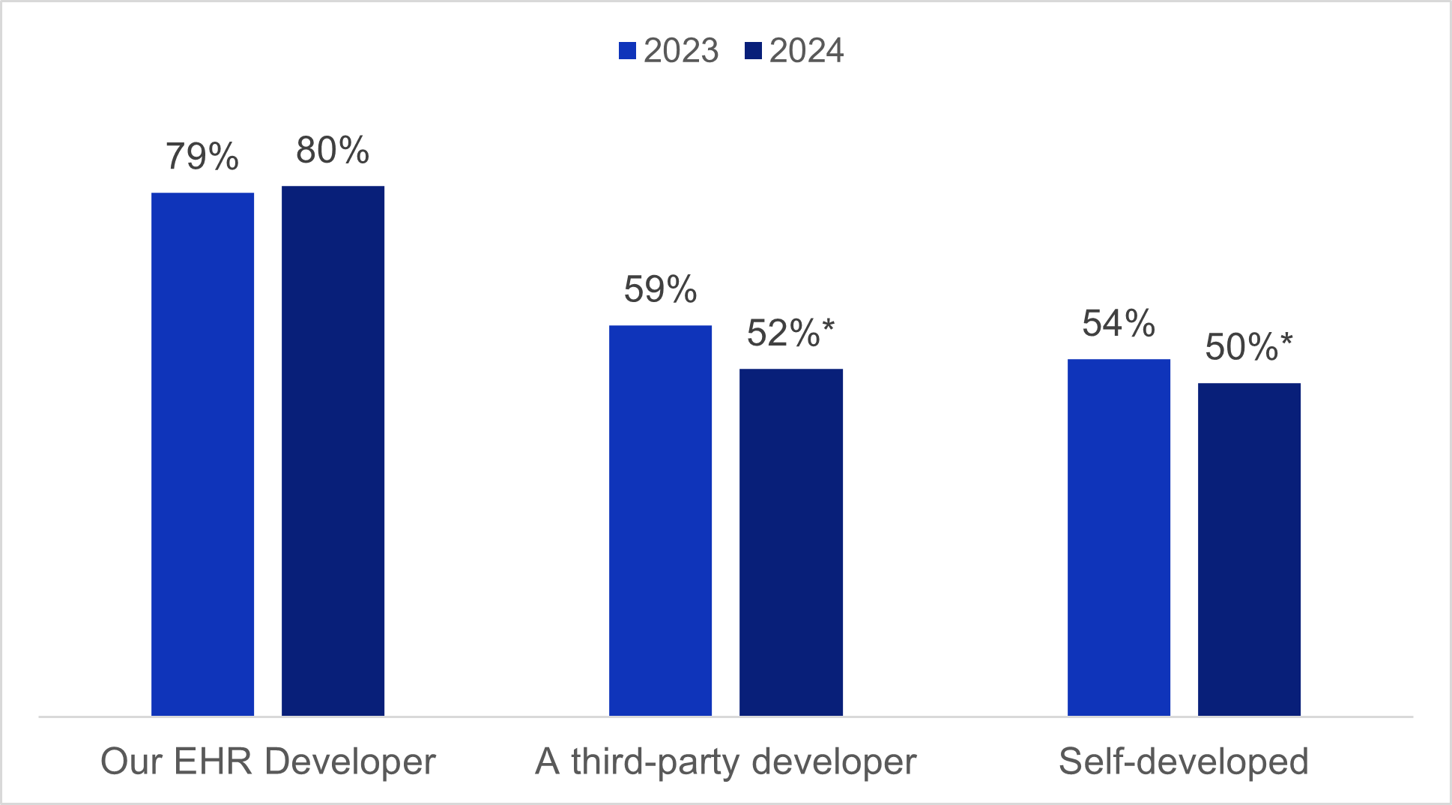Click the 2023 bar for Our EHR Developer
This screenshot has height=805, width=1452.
click(202, 454)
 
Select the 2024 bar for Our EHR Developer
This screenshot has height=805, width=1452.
click(333, 450)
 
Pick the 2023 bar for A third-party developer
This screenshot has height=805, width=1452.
click(660, 520)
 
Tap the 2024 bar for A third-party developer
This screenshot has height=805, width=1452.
click(790, 542)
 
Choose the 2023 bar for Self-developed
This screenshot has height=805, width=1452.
click(1119, 537)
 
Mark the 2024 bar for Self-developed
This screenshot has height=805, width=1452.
click(1249, 549)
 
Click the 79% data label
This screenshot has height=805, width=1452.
click(202, 157)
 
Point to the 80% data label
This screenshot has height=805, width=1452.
click(333, 150)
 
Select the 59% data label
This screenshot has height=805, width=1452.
click(660, 289)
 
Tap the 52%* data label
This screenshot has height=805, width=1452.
click(790, 333)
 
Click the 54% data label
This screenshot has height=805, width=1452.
click(1119, 323)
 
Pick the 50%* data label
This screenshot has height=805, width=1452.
click(1249, 347)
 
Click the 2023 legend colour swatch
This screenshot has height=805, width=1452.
click(627, 51)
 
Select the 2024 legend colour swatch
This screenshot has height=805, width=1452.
click(753, 51)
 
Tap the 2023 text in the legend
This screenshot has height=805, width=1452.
click(681, 51)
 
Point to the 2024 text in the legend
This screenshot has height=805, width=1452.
click(807, 51)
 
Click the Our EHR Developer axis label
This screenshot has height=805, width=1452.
click(267, 762)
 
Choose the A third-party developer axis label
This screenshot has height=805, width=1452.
click(725, 762)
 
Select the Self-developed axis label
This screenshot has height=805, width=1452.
click(1183, 762)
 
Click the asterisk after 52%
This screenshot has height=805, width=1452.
click(828, 327)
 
